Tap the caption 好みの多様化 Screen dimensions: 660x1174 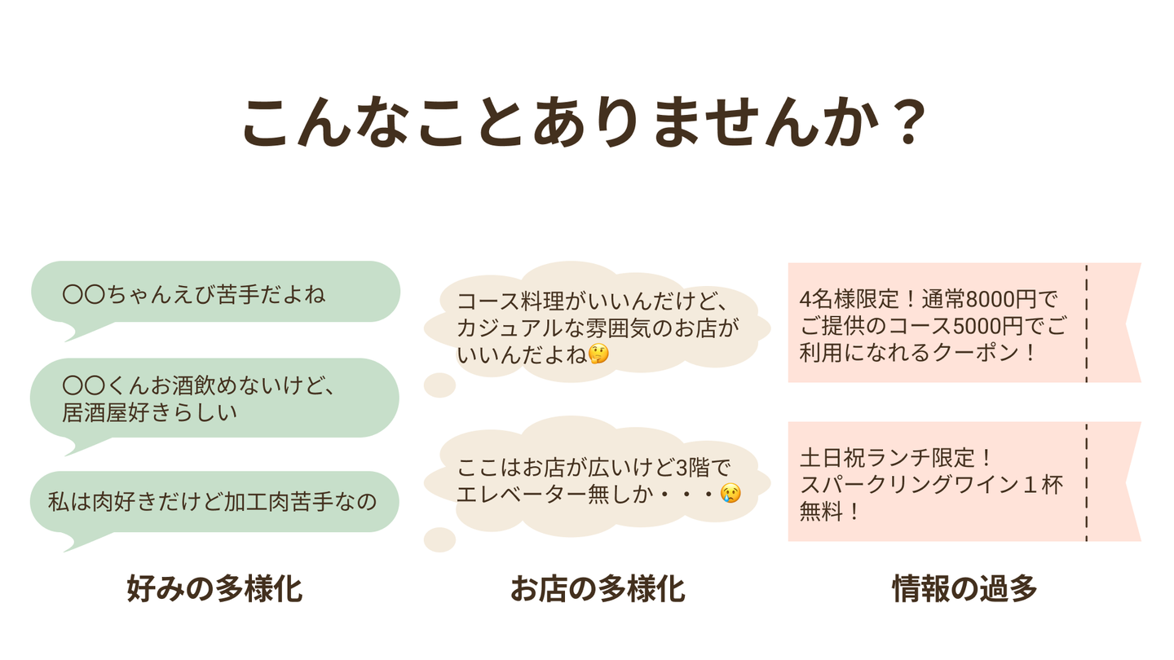(x=214, y=588)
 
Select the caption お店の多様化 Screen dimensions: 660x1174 (x=598, y=588)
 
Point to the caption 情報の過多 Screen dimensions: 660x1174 (x=964, y=588)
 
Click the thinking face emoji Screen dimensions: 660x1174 (x=599, y=354)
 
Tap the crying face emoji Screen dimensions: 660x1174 (x=730, y=493)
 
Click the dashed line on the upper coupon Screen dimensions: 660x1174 (x=1086, y=323)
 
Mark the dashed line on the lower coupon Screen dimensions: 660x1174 (x=1086, y=482)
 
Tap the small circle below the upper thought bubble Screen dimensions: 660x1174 (x=439, y=385)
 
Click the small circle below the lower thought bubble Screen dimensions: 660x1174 (x=439, y=539)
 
